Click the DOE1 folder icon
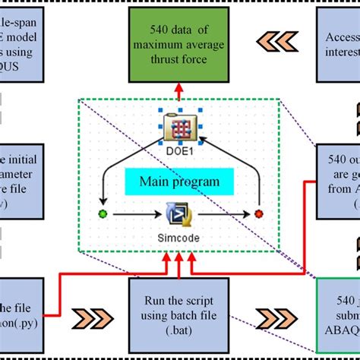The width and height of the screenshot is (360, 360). [x=181, y=126]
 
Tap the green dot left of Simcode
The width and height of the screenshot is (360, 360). [x=103, y=215]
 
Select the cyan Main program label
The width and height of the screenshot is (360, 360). [x=179, y=182]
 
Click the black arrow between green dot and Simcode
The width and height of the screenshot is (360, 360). [x=137, y=215]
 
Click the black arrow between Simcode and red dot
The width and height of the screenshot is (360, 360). [x=223, y=215]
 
